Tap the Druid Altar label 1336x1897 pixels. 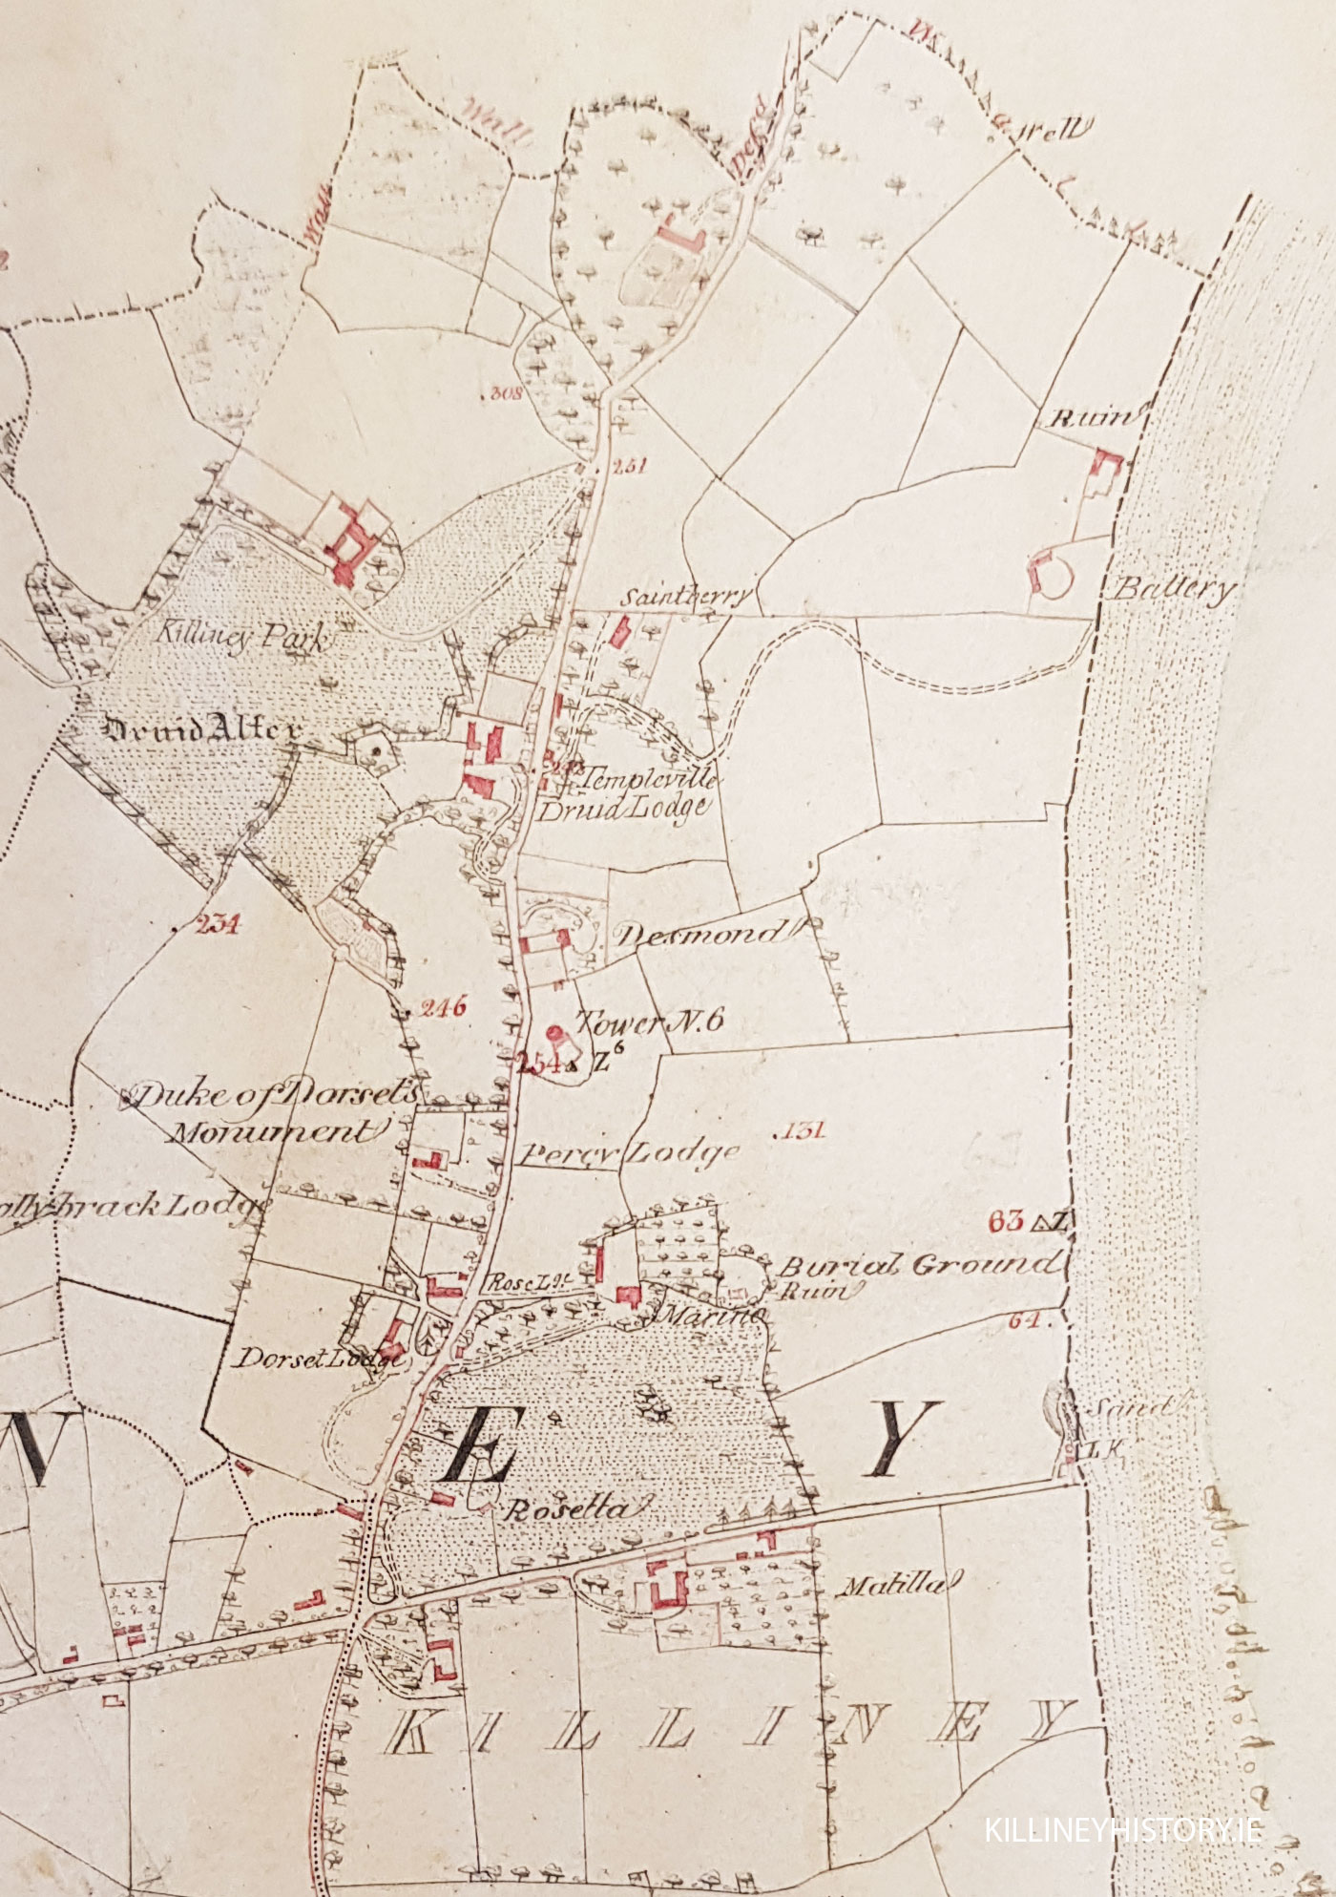[x=201, y=730]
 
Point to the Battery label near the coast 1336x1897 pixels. [x=1174, y=588]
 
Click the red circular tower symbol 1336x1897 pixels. [x=553, y=1031]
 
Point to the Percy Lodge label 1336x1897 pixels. [x=630, y=1153]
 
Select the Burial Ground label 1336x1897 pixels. [x=918, y=1265]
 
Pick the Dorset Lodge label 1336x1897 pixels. [x=320, y=1358]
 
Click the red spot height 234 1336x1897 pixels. [x=217, y=923]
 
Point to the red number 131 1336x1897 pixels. [x=804, y=1131]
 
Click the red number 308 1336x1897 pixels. [x=504, y=392]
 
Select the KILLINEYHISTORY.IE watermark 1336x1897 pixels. [x=1124, y=1830]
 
